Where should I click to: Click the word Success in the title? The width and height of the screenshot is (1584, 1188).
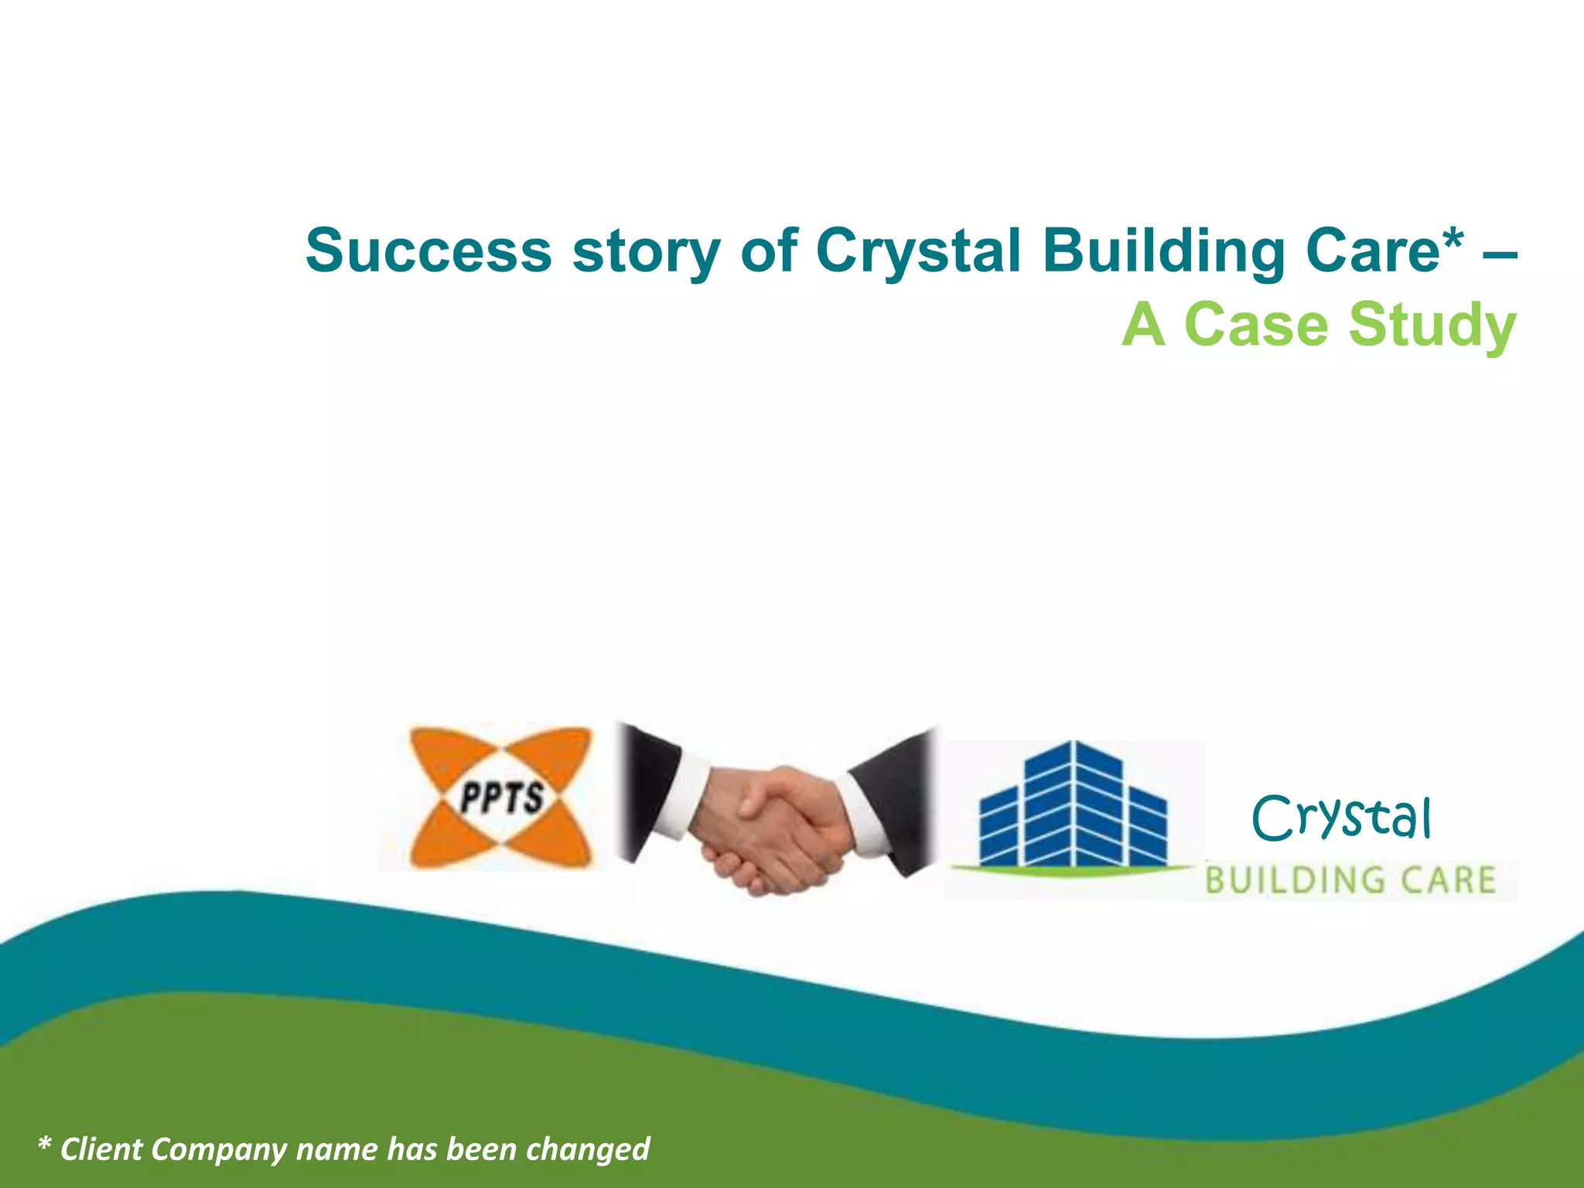[428, 251]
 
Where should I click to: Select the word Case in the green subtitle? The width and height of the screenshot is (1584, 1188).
[1256, 325]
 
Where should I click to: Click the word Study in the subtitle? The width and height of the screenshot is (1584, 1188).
[1432, 326]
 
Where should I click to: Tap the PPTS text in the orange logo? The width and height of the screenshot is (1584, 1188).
[501, 797]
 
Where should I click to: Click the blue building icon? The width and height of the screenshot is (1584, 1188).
[1073, 808]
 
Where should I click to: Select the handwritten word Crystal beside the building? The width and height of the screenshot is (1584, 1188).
[1341, 818]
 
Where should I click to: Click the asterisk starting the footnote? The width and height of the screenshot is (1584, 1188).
[44, 1145]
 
